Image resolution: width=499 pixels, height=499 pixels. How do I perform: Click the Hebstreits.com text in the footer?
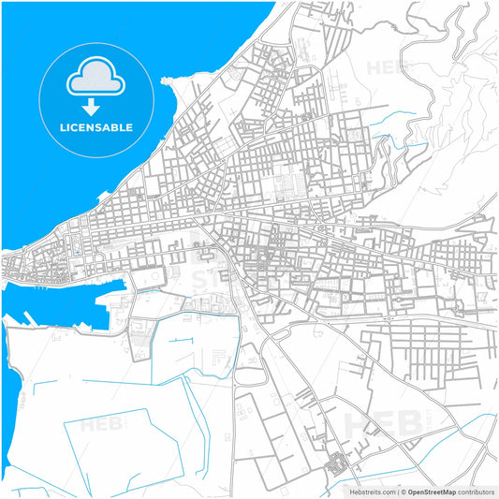point(370,491)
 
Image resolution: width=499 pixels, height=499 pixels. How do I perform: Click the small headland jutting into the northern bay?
point(170,82)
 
